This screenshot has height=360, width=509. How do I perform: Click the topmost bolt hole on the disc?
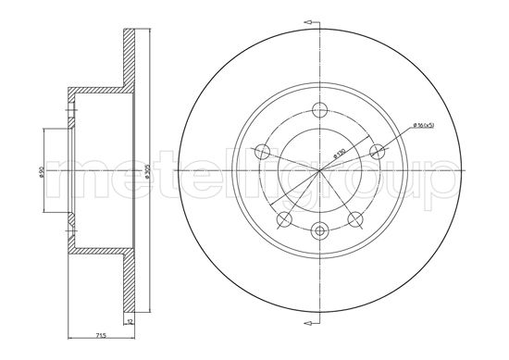click(320, 108)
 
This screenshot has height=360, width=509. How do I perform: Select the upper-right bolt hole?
click(376, 150)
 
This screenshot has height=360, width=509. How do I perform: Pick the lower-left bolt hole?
click(285, 217)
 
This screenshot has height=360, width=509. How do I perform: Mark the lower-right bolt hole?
click(354, 217)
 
